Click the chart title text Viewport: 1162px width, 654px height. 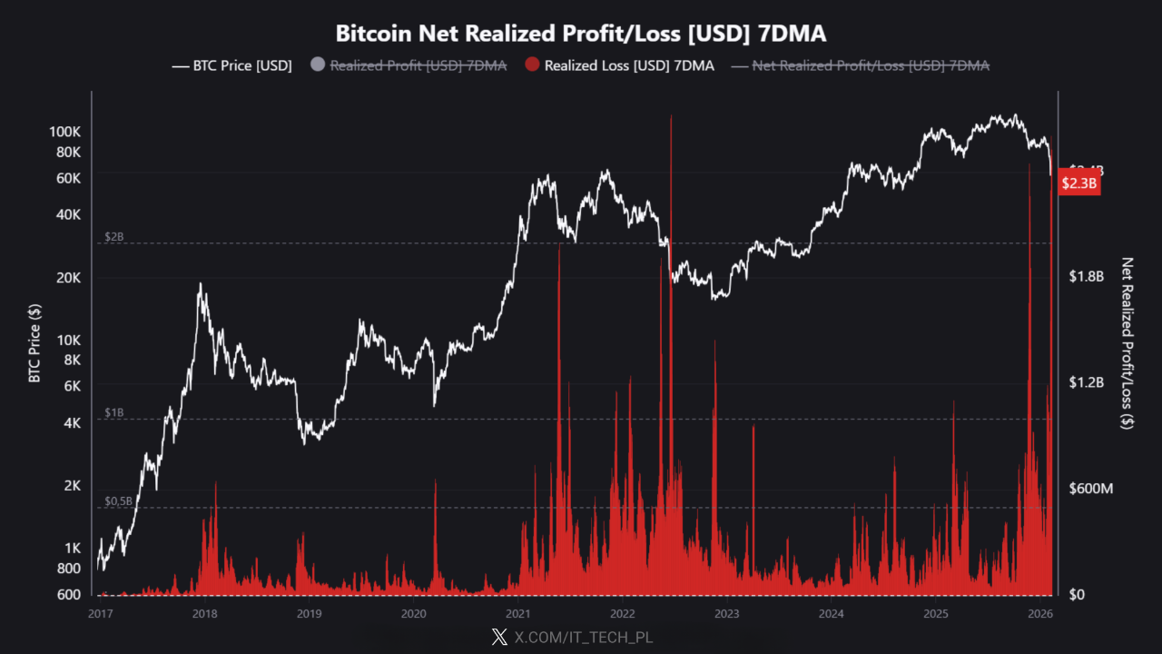click(581, 34)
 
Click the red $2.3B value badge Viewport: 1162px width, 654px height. click(1080, 183)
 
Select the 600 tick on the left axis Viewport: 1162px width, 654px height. click(69, 595)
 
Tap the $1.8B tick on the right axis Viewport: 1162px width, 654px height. click(1086, 276)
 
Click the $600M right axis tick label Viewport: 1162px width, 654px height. click(1090, 489)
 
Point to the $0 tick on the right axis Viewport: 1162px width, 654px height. click(1078, 595)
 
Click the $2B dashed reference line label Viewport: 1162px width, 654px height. click(114, 236)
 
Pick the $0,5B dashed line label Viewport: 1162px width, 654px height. click(119, 500)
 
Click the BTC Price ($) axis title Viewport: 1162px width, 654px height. click(34, 342)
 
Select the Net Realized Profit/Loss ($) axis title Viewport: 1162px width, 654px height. click(1128, 342)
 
